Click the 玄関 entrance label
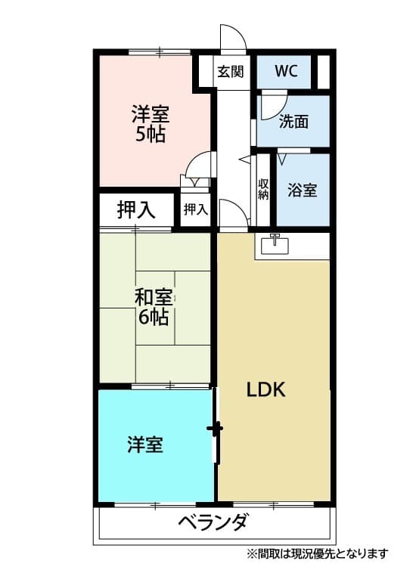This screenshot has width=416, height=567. pyautogui.click(x=231, y=73)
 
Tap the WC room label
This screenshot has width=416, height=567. pyautogui.click(x=286, y=72)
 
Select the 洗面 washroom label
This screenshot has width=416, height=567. pyautogui.click(x=293, y=122)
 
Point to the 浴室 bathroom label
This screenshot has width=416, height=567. pyautogui.click(x=302, y=191)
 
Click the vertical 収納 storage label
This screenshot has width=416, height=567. pyautogui.click(x=263, y=189)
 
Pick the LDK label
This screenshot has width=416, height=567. pyautogui.click(x=265, y=390)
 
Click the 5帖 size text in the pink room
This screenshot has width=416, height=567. pyautogui.click(x=151, y=135)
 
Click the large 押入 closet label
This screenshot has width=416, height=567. pyautogui.click(x=137, y=210)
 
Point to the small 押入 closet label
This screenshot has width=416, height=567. pyautogui.click(x=195, y=209)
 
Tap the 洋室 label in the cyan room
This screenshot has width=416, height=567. pyautogui.click(x=144, y=445)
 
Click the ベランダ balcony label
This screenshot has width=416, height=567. pyautogui.click(x=213, y=522)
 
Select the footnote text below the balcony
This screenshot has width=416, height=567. pyautogui.click(x=317, y=553)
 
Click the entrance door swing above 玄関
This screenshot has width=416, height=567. pyautogui.click(x=231, y=38)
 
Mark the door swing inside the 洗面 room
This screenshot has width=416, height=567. pyautogui.click(x=272, y=105)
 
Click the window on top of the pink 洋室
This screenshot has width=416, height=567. pyautogui.click(x=160, y=51)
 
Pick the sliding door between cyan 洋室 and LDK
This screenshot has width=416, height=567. pyautogui.click(x=216, y=429)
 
